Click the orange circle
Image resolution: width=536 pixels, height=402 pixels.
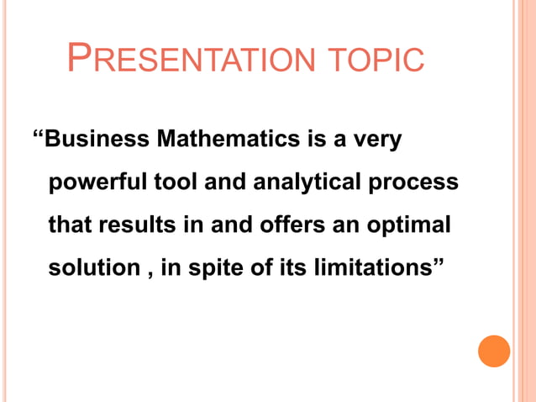point(494,350)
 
